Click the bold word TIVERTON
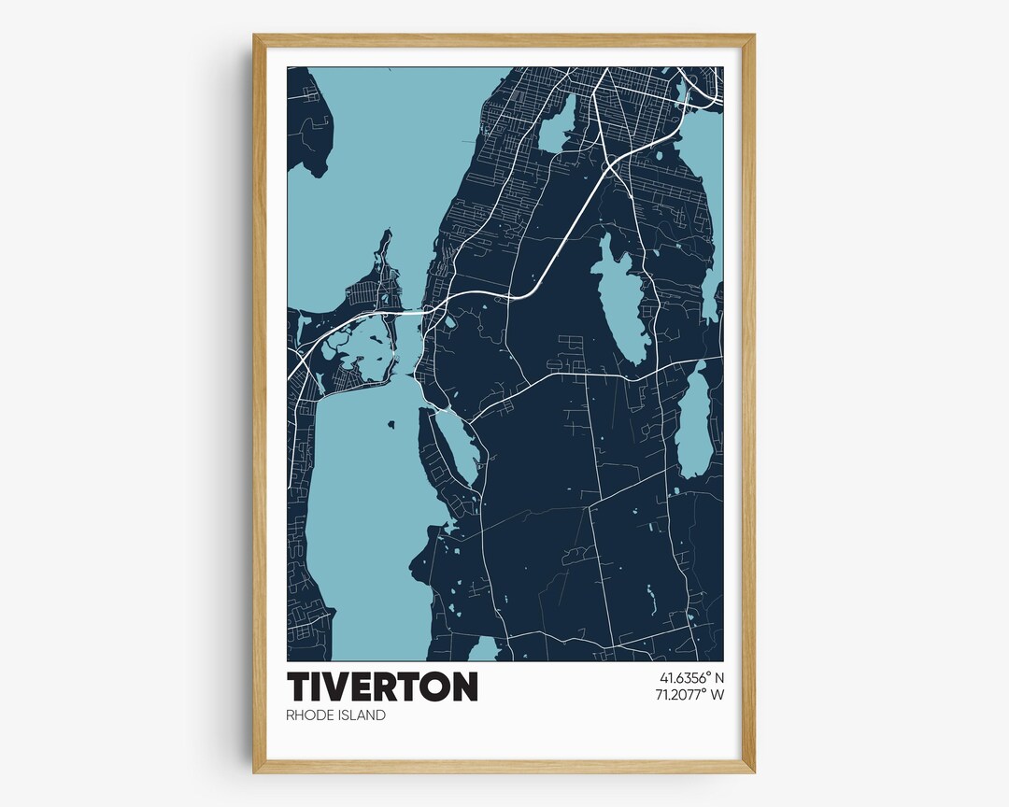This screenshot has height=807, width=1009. pos(382,687)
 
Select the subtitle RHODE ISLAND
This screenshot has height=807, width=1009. pos(336,715)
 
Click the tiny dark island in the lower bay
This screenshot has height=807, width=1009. pos(391,424)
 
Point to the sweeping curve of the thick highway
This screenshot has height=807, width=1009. pos(533,290)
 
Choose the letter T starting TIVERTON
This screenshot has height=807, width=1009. pos(301,687)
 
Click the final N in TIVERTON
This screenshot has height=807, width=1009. pos(462,687)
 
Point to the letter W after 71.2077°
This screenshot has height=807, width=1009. pos(718,695)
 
